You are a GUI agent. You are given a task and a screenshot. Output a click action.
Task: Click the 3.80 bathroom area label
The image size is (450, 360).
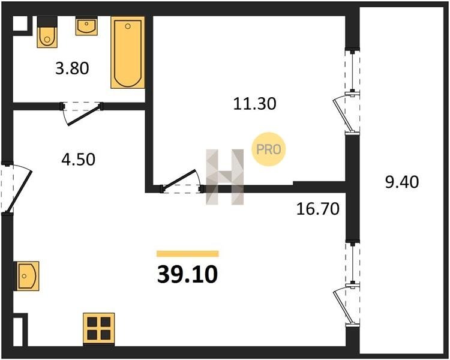72,68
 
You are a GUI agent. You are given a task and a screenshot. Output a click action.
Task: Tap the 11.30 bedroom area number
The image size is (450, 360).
254,104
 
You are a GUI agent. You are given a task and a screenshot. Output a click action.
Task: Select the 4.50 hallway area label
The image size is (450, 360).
78,160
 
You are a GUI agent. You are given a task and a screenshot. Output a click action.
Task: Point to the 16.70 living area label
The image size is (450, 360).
317,209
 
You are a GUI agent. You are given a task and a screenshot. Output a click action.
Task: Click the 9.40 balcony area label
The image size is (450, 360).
402,182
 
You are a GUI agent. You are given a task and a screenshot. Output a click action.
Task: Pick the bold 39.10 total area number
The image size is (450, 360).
187,274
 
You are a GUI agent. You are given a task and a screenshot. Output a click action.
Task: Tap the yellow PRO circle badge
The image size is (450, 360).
269,149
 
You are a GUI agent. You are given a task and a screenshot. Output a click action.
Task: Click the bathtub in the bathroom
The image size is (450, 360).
128,53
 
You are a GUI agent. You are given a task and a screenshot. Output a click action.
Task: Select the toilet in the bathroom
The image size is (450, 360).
47,32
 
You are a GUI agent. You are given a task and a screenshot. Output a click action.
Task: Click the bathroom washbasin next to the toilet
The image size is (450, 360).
86,26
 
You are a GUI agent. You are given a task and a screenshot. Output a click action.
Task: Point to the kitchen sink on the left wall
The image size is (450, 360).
26,276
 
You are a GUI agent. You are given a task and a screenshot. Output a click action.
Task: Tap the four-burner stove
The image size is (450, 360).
99,328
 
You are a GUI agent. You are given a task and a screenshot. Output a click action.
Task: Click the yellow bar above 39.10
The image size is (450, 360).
188,253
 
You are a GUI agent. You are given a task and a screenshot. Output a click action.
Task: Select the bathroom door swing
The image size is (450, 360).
82,113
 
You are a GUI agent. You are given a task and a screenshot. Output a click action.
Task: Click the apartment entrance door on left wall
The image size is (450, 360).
16,188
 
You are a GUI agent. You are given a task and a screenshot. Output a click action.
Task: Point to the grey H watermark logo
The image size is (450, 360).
225,177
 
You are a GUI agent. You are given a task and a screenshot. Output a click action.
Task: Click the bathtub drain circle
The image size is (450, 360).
128,26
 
